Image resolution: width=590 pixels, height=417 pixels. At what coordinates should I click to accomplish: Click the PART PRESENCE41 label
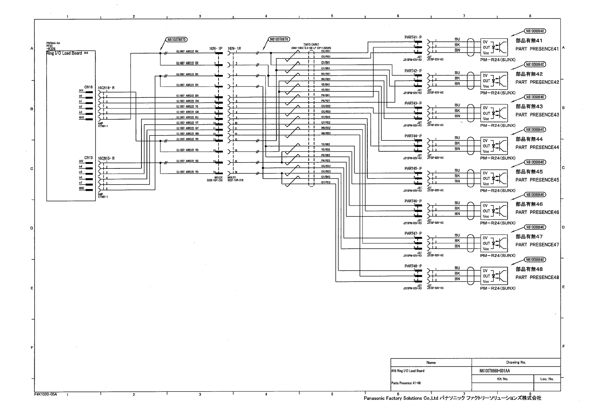pyautogui.click(x=537, y=49)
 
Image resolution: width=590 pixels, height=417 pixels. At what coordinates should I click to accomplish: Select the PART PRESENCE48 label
pyautogui.click(x=537, y=277)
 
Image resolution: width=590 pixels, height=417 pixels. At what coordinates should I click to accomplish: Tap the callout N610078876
pyautogui.click(x=279, y=40)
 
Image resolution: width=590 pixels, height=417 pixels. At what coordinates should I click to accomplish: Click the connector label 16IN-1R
pyautogui.click(x=234, y=48)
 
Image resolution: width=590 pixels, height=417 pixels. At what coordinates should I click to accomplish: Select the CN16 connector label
pyautogui.click(x=88, y=87)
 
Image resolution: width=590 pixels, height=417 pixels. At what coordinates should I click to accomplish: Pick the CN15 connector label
pyautogui.click(x=88, y=158)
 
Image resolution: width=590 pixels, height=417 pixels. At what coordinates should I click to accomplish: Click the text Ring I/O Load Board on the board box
pyautogui.click(x=64, y=53)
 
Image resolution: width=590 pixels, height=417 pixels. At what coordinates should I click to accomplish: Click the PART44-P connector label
pyautogui.click(x=413, y=136)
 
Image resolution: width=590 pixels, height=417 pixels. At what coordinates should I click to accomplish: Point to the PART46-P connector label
pyautogui.click(x=413, y=201)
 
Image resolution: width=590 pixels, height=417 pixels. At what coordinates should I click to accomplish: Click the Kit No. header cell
pyautogui.click(x=502, y=379)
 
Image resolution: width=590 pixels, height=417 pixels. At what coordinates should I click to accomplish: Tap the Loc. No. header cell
pyautogui.click(x=547, y=379)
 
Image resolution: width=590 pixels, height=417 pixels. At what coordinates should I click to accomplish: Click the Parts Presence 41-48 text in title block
pyautogui.click(x=406, y=383)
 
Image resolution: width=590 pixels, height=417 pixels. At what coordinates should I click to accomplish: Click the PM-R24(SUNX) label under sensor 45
pyautogui.click(x=498, y=190)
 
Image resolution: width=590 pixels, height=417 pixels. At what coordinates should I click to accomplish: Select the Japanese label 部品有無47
pyautogui.click(x=529, y=237)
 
